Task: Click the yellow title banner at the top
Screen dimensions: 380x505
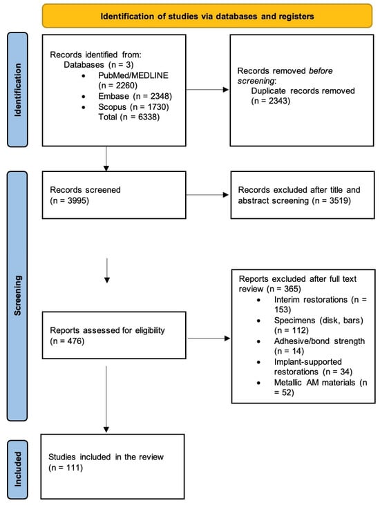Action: click(207, 16)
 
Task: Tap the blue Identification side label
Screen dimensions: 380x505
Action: click(17, 90)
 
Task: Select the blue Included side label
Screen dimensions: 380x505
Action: click(17, 469)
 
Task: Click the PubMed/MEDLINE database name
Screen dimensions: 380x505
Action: click(133, 75)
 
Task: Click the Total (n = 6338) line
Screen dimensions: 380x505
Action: click(129, 117)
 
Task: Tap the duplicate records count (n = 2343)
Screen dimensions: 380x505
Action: click(271, 101)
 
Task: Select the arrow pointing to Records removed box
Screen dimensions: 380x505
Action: click(208, 90)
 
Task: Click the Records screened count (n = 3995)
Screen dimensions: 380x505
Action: click(69, 200)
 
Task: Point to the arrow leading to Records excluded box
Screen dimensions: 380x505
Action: click(208, 195)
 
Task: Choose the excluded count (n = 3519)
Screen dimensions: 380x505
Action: click(331, 200)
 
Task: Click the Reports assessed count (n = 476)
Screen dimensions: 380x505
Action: click(67, 341)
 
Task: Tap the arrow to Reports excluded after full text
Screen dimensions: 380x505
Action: click(209, 339)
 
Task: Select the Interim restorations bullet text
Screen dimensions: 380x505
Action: click(321, 305)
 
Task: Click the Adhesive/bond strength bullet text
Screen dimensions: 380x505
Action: click(319, 346)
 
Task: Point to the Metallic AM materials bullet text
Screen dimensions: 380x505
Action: click(321, 387)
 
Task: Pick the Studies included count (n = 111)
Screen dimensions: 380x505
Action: click(66, 467)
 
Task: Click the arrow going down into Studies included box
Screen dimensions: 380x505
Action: click(106, 399)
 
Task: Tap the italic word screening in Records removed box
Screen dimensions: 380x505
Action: click(256, 81)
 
